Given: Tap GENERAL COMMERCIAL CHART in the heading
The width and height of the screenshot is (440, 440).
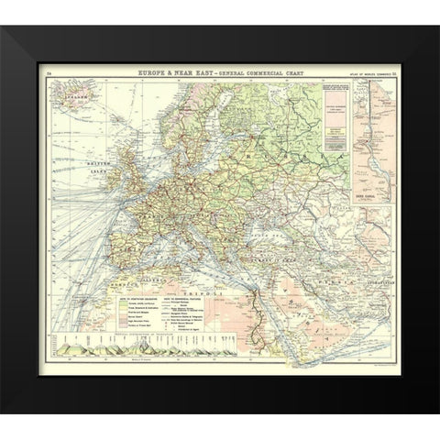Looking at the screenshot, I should (254, 70).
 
